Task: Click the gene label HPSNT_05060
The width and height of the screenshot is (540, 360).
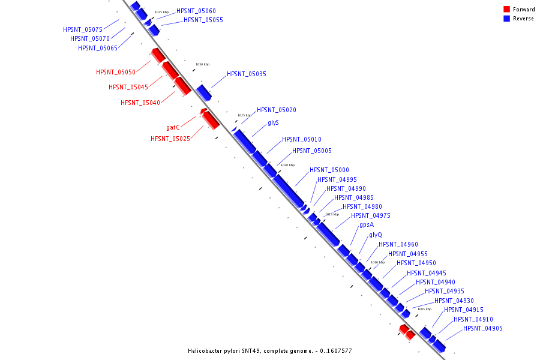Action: [x=196, y=11]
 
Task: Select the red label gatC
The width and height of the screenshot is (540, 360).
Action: [x=173, y=127]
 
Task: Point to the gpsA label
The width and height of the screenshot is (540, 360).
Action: [x=366, y=225]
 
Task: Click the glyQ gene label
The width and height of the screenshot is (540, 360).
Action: [x=376, y=235]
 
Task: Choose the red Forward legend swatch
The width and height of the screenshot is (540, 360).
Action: [x=506, y=9]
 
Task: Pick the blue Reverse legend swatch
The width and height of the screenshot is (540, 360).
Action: [x=506, y=19]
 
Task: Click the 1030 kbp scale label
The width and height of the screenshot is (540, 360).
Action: [x=202, y=64]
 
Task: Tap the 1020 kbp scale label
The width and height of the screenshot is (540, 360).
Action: [x=287, y=165]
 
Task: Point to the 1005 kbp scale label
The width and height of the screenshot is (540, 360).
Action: [x=424, y=309]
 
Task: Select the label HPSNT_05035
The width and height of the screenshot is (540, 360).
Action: [x=246, y=74]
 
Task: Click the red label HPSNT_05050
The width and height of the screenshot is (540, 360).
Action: [x=116, y=72]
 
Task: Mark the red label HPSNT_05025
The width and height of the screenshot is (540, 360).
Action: [x=170, y=139]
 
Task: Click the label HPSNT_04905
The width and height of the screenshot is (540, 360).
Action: [x=482, y=328]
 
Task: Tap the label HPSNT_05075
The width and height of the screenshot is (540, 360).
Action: [x=83, y=29]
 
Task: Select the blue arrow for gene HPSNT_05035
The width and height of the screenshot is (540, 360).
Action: [x=204, y=92]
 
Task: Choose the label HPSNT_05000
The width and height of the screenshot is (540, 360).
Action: [x=329, y=170]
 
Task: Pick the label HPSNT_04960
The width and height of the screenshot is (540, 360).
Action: [x=398, y=244]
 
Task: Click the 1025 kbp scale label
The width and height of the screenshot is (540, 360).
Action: [x=244, y=115]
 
